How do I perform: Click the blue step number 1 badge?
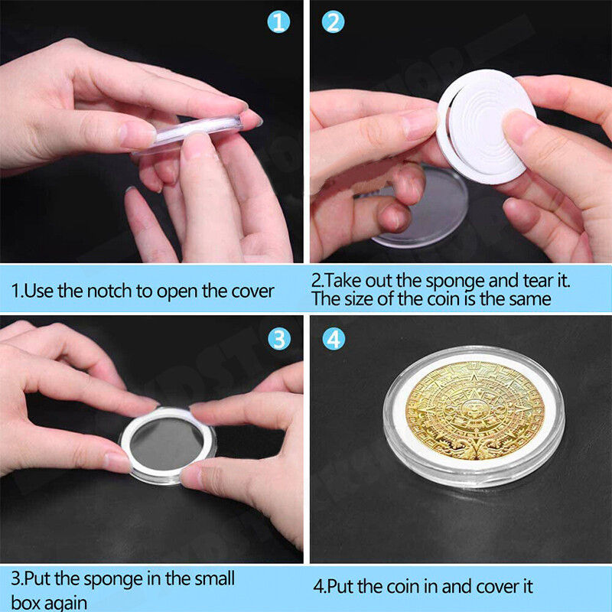point(279,22)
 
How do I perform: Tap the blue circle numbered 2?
point(333,22)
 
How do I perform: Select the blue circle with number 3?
point(279,337)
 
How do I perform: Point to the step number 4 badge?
point(333,337)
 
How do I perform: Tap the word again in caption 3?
point(71,601)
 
